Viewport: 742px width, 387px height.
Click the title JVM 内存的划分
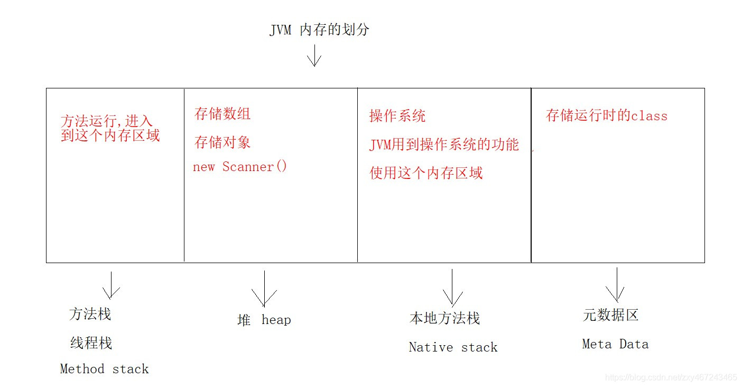[319, 30]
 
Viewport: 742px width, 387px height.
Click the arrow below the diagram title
[314, 55]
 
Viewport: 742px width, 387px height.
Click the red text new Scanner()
[240, 167]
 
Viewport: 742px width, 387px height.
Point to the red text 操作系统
[397, 116]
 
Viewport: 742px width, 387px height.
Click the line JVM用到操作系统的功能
[444, 145]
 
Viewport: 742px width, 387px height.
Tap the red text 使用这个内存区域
[426, 173]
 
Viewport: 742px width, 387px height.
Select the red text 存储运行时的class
[607, 115]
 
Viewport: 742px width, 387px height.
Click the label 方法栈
[90, 314]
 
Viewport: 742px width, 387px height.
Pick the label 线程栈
[91, 343]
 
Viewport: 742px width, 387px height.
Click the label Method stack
[105, 369]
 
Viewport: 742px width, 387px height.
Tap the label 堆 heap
[264, 320]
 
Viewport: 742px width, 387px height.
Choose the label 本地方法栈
[444, 318]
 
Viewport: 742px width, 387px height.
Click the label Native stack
[453, 347]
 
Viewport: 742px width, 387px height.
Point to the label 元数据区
[610, 315]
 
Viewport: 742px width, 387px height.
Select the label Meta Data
[615, 344]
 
